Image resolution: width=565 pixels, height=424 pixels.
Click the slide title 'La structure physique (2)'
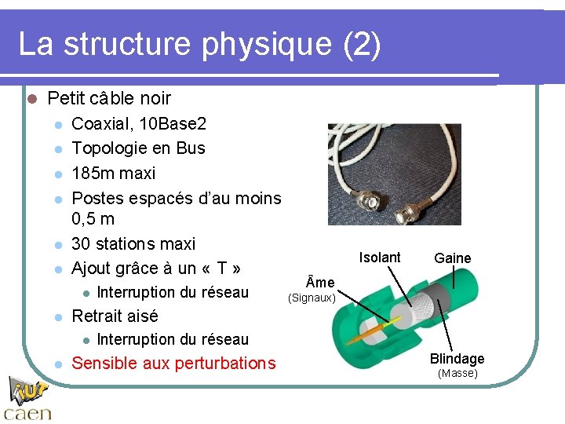point(199,45)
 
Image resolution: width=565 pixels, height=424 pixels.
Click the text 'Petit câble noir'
point(109,99)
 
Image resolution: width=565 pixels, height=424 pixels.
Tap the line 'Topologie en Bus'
point(138,148)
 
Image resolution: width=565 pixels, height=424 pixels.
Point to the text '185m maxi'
point(113,173)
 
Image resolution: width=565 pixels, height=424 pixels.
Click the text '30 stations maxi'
point(133,244)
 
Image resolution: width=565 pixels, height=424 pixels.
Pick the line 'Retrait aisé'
point(115,316)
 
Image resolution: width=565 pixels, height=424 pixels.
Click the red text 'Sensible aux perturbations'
point(173,364)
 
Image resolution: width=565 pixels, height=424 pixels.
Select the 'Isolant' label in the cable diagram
point(380,258)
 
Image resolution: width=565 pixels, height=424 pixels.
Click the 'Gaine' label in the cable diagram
point(453,258)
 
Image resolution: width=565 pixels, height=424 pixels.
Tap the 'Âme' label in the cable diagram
point(319,283)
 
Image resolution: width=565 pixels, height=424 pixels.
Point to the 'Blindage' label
point(457,359)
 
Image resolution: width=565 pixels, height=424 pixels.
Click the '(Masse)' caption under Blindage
point(457,374)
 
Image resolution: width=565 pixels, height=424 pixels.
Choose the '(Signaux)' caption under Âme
point(312,298)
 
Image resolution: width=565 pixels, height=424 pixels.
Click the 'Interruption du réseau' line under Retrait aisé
point(173,339)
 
